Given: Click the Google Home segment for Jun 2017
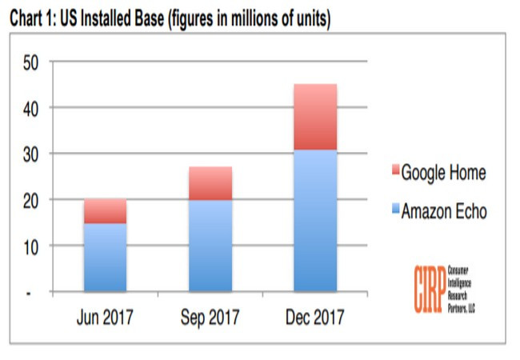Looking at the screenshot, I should point(105,210).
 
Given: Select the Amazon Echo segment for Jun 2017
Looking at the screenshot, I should point(105,257).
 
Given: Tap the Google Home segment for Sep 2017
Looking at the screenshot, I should point(210,183).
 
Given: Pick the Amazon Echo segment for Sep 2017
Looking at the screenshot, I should point(210,245).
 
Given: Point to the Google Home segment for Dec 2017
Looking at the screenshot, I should point(314,117).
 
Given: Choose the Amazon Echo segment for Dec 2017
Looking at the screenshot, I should point(314,220).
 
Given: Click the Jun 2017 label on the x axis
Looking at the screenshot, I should point(105,318).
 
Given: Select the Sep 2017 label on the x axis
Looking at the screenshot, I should point(210,318).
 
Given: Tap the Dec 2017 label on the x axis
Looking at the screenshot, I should point(314,318).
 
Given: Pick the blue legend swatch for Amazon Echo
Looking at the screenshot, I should point(394,212).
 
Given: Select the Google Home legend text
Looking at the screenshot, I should point(443,173).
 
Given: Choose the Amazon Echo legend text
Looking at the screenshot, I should point(444,212).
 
